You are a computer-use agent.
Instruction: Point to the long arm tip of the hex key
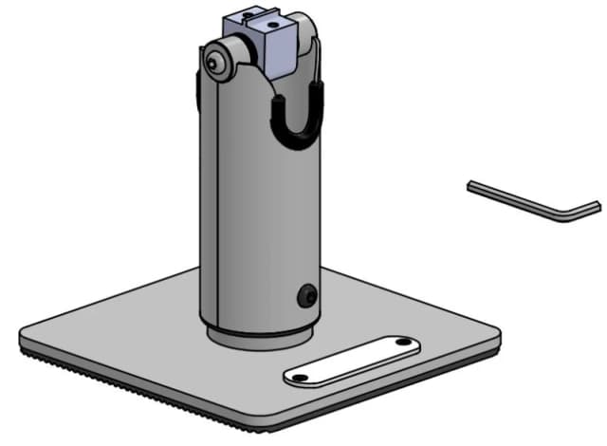tap(471, 184)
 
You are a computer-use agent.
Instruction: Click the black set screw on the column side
tap(305, 296)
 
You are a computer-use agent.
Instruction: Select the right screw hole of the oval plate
tap(402, 342)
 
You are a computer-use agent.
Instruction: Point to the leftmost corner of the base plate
tap(24, 335)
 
